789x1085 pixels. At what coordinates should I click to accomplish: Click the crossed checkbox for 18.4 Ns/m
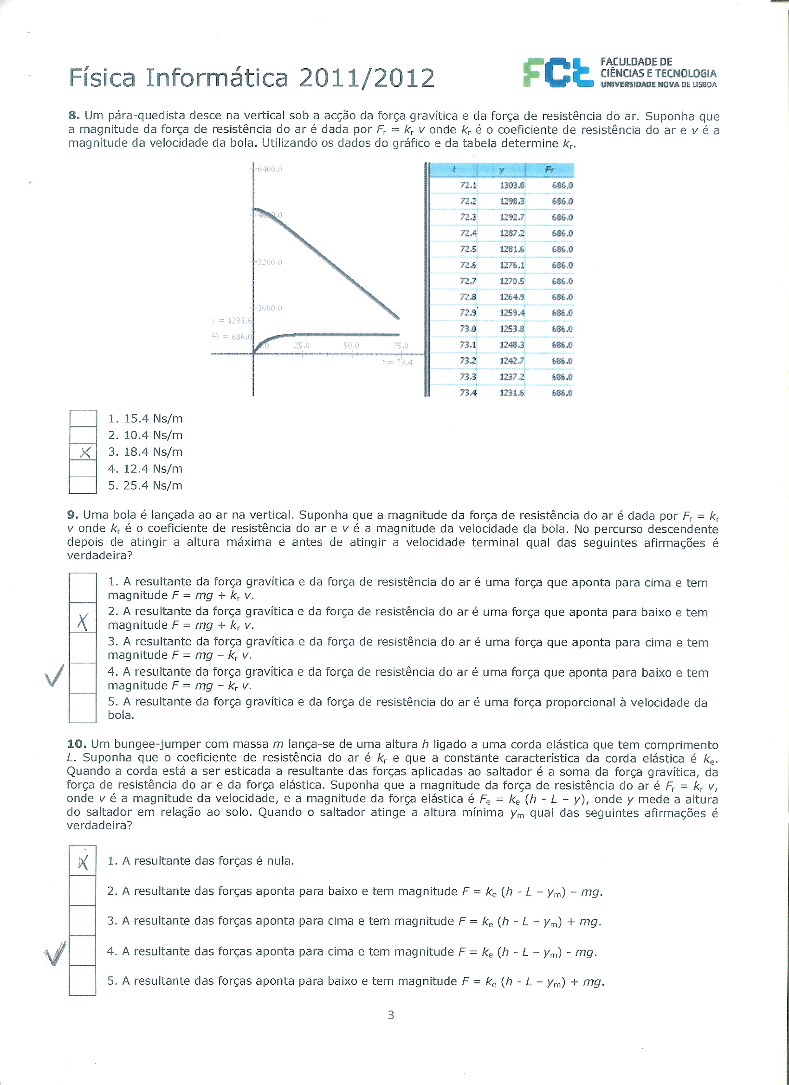coord(83,452)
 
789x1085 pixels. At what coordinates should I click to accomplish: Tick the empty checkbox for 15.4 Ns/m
coord(83,419)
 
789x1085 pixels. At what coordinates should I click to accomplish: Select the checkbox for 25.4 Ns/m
coord(83,485)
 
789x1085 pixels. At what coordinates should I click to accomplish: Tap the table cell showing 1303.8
coord(511,186)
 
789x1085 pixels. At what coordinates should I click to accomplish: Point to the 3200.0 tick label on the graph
coord(269,262)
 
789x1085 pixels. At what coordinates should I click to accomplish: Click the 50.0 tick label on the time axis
coord(351,345)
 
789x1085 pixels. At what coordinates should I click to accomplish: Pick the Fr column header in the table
coord(550,169)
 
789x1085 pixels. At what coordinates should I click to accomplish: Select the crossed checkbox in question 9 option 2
coord(83,622)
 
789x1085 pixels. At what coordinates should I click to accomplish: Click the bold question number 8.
coord(73,116)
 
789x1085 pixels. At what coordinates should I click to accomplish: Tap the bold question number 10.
coord(76,744)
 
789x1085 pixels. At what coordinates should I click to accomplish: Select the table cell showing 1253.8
coord(511,329)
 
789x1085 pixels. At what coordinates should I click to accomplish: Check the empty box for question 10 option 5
coord(83,981)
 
